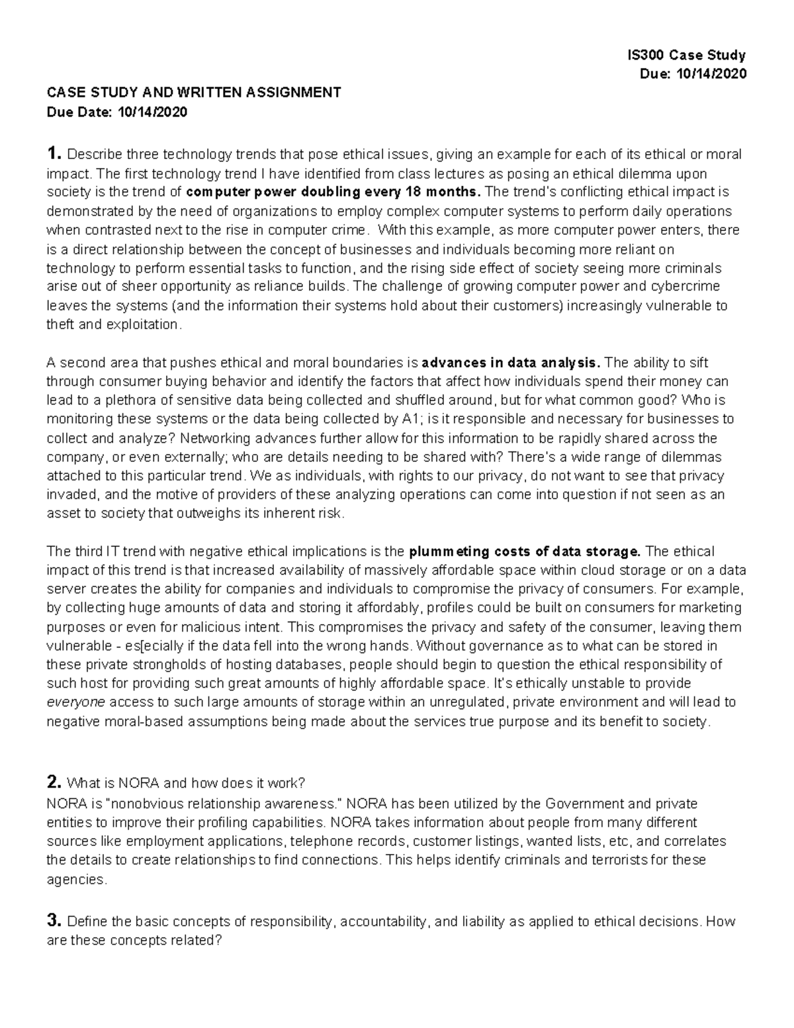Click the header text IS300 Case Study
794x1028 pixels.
686,55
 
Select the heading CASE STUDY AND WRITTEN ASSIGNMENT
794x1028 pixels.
193,93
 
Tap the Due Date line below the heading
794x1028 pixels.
116,112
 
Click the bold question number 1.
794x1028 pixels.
54,154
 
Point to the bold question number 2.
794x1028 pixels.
54,783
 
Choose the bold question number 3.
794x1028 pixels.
54,921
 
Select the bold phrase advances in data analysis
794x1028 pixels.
511,363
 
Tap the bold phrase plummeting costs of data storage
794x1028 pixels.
525,551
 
